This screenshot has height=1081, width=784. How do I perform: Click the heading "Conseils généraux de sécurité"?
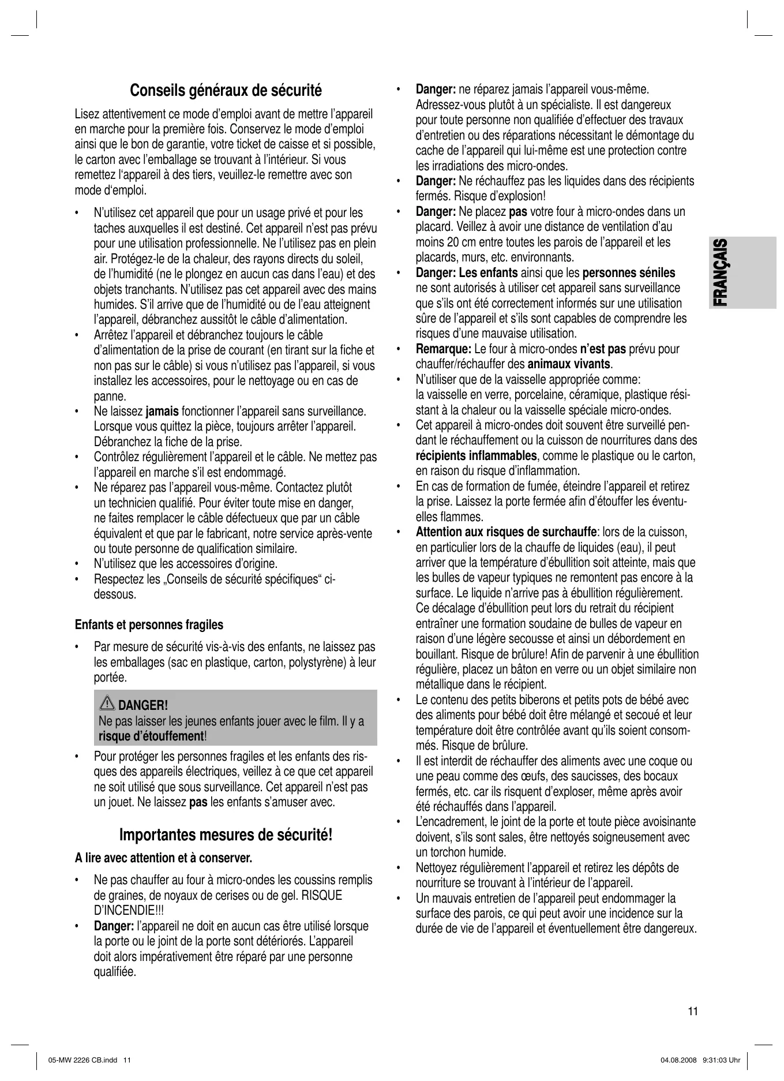coord(226,91)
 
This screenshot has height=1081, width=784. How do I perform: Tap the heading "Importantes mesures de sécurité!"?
coord(226,835)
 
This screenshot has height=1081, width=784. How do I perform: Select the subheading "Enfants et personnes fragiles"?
coord(149,625)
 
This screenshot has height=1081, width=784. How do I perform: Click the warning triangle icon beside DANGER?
coord(107,704)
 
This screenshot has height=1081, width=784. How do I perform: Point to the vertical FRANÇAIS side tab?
coord(719,272)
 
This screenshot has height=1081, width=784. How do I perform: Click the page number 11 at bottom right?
coord(693,1011)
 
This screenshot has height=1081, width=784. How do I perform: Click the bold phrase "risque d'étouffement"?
coord(151,736)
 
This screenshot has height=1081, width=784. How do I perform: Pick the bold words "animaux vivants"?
coord(569,364)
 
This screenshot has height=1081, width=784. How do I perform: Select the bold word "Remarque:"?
coord(444,349)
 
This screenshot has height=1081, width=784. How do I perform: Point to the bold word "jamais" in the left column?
coord(162,412)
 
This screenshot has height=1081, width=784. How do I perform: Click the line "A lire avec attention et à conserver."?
coord(164,858)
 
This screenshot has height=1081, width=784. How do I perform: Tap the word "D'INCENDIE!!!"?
coord(124,911)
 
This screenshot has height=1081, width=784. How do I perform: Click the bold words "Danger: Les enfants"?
coord(467,273)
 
